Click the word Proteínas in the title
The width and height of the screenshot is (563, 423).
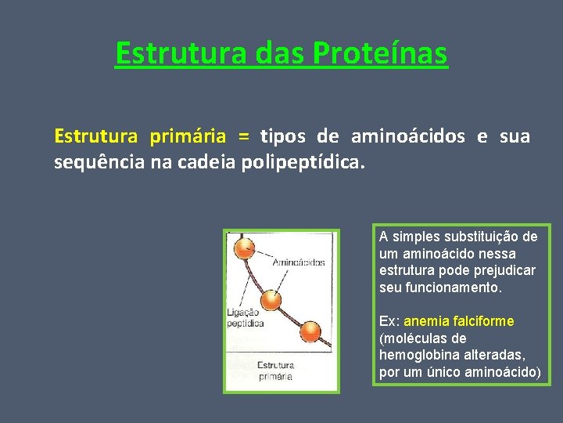(x=380, y=54)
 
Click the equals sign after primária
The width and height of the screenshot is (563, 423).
(x=244, y=136)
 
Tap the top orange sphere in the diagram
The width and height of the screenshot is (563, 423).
(x=246, y=248)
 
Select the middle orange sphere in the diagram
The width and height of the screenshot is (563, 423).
(x=271, y=299)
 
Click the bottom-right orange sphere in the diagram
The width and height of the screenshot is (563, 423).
(x=310, y=332)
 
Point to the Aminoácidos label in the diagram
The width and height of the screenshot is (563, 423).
(x=298, y=262)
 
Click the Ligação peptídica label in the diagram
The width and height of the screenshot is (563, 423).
(x=245, y=317)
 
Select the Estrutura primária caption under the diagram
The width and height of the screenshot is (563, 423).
(x=275, y=371)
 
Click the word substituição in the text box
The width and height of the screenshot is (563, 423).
(x=482, y=237)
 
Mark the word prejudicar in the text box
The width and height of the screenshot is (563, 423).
(x=504, y=271)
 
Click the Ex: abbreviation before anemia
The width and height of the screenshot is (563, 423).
(x=389, y=322)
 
